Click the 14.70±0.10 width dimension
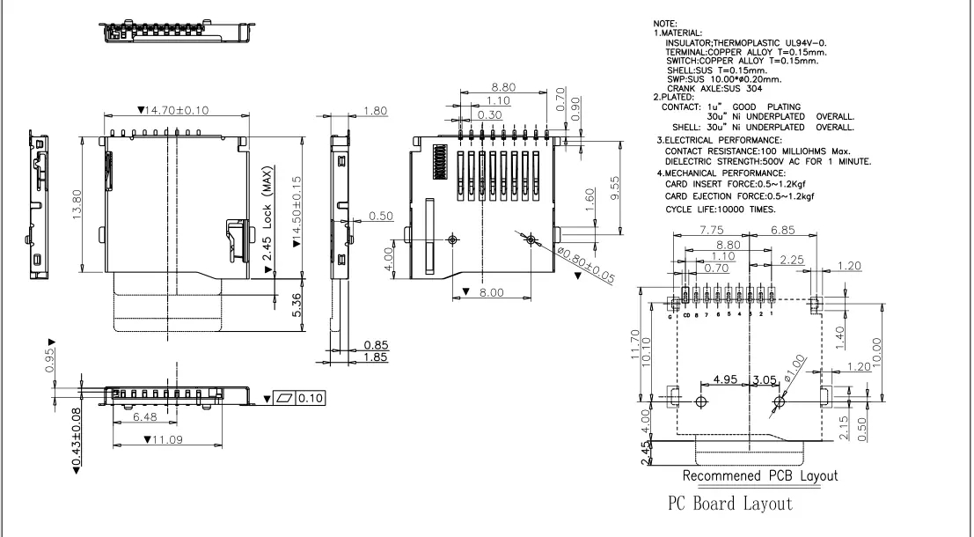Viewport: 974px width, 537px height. [173, 110]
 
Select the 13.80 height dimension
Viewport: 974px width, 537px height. [77, 204]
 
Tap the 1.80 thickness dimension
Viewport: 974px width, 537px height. [375, 111]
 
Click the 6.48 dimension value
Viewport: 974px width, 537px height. [144, 416]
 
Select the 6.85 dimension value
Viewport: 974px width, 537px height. [783, 230]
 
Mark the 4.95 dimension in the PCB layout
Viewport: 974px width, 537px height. [725, 379]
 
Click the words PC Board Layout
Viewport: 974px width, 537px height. [729, 504]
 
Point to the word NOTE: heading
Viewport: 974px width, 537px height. [665, 23]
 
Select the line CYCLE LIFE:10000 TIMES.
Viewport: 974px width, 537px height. [721, 209]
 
